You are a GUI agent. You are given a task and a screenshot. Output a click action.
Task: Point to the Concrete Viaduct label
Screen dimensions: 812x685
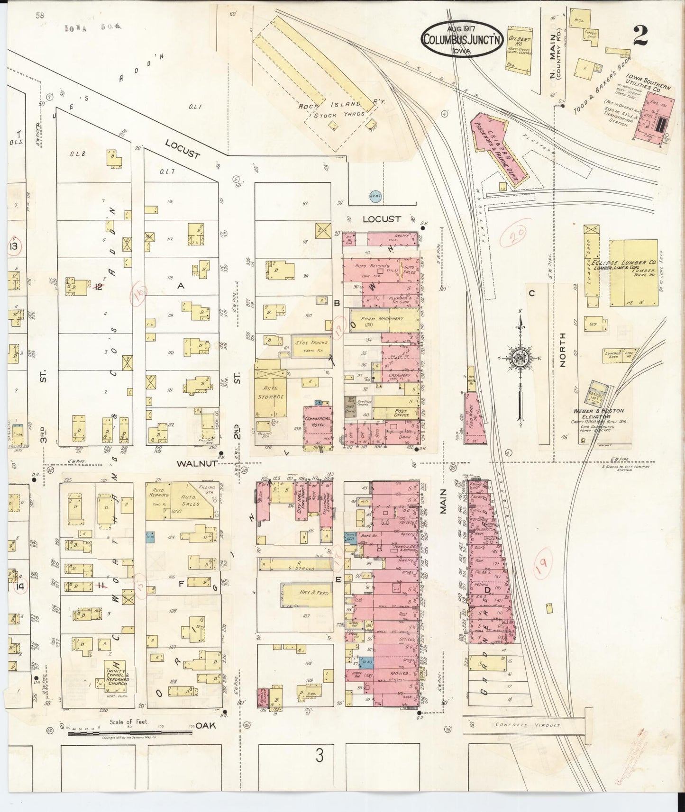point(528,725)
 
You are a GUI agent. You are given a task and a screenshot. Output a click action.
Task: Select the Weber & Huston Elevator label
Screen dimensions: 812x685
point(598,414)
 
